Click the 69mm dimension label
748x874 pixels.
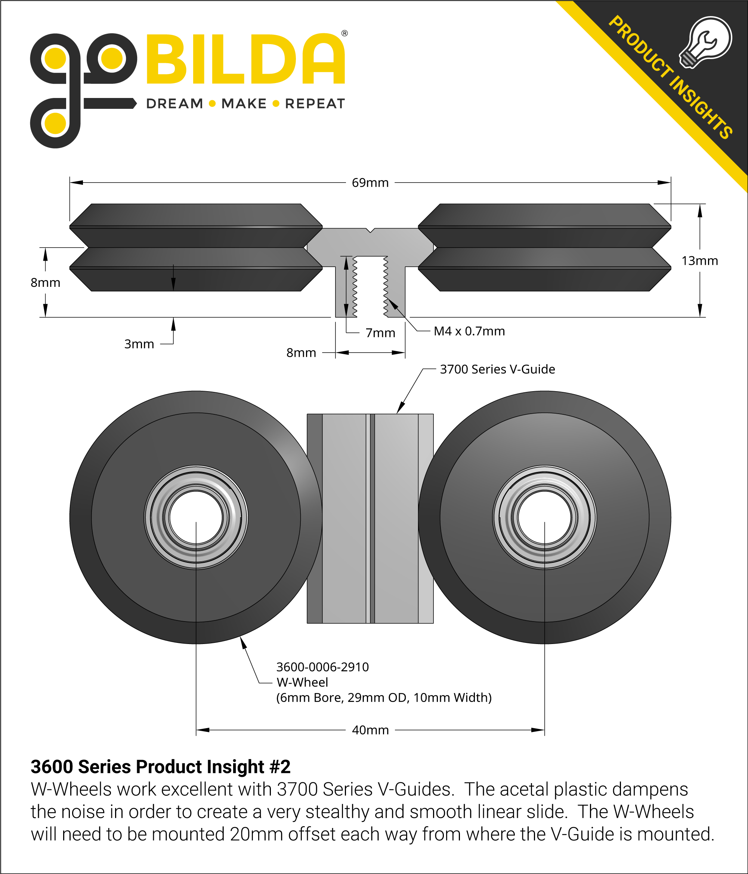tap(370, 183)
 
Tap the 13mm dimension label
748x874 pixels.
tap(699, 261)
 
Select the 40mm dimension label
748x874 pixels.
tap(370, 730)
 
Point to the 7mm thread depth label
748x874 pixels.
tap(380, 333)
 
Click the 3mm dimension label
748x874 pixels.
tap(139, 344)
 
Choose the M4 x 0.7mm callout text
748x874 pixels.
tap(469, 331)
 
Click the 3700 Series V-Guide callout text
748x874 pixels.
tap(497, 369)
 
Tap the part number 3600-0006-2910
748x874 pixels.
tap(322, 666)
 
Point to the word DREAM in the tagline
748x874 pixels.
tap(174, 103)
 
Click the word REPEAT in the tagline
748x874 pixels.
tap(315, 103)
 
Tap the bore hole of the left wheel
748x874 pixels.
tap(196, 517)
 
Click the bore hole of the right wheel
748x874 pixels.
tap(544, 517)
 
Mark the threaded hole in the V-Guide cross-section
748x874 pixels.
tap(370, 287)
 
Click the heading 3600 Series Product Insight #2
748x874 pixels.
tap(161, 766)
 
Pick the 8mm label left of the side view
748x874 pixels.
tap(46, 283)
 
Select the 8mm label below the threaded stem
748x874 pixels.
tap(301, 353)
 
